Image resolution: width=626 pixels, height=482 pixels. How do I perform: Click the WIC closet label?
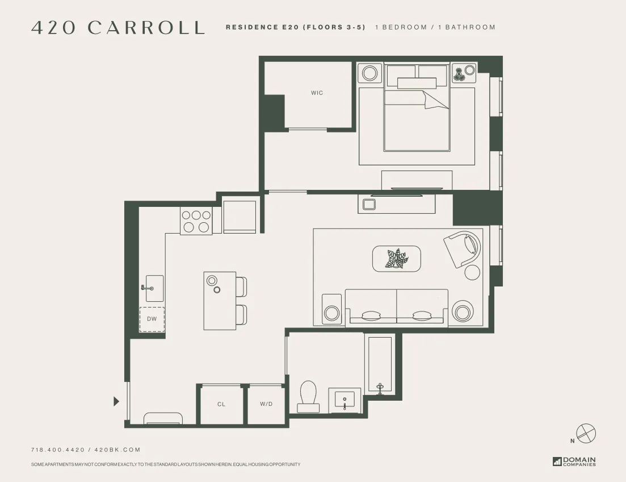pos(317,93)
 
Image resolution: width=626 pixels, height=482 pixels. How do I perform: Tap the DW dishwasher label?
pos(152,319)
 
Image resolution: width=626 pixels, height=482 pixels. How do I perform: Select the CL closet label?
pos(221,404)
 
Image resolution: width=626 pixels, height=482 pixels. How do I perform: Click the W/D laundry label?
pos(266,404)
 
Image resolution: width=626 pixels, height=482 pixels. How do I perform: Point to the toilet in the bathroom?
pos(308,396)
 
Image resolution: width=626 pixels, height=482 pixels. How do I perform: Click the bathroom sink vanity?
pos(344,401)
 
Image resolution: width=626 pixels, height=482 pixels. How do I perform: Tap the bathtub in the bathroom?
pos(380,364)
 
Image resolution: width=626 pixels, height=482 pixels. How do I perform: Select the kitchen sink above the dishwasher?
pos(153,288)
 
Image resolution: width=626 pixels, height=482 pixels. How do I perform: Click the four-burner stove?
pos(196,221)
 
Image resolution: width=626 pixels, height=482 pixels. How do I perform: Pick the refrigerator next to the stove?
pos(240,217)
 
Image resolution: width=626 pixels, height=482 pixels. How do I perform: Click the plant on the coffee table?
pos(397,259)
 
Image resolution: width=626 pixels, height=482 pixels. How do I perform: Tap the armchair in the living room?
pos(464,248)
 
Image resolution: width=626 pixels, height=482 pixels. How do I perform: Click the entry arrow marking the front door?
pos(116,401)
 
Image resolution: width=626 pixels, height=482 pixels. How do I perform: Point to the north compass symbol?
pos(585,434)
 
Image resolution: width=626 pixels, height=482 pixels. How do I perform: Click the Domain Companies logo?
pos(574,461)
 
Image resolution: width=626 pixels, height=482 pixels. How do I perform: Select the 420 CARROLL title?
pos(117,27)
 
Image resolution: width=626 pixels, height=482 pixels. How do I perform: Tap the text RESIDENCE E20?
pos(261,27)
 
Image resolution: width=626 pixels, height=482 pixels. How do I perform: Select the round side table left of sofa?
pos(331,311)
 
